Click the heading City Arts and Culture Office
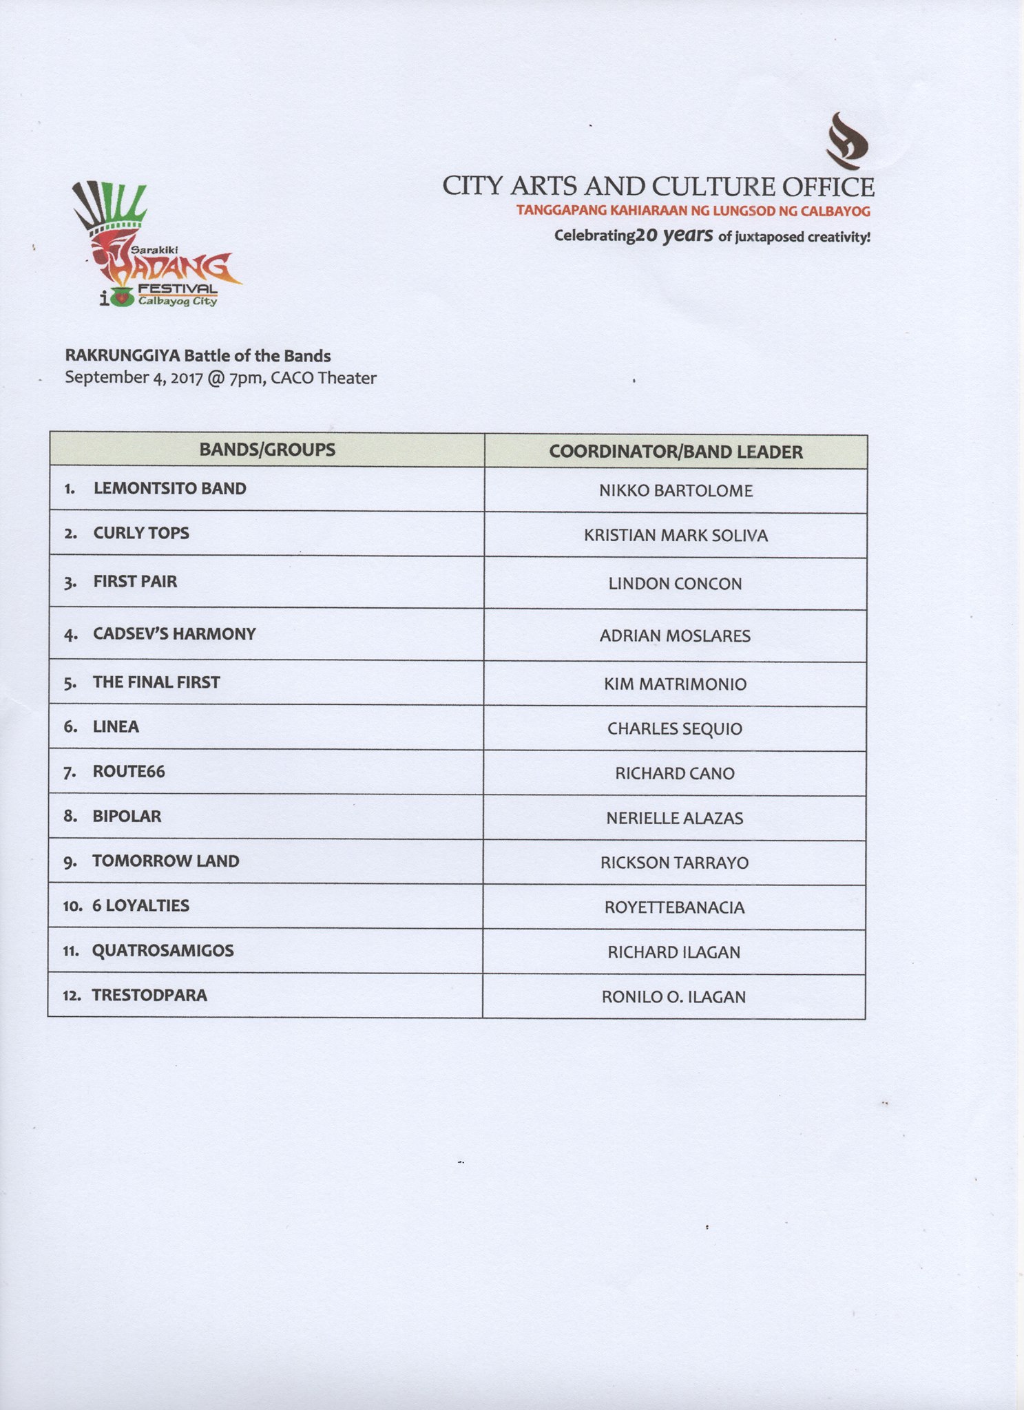pos(658,187)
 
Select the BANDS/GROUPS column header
pos(267,450)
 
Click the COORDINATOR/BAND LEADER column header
pos(676,452)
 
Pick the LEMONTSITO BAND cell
pos(169,489)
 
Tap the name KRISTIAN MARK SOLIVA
pos(676,536)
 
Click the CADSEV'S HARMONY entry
pos(174,634)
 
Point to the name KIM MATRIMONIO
pos(675,684)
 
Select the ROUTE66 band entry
pos(129,772)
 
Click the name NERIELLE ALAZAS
pos(674,819)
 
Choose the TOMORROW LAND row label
pos(165,861)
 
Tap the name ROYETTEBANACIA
pos(674,907)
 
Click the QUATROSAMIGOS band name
pos(163,951)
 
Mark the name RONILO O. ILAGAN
pos(673,997)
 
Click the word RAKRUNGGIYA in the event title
pos(123,356)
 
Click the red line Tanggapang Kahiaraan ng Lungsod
pos(693,211)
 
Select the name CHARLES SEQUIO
pos(674,729)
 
